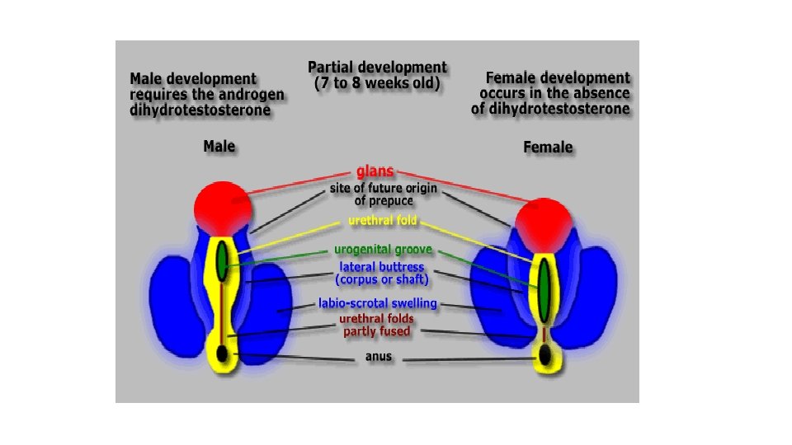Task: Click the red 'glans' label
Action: [x=375, y=172]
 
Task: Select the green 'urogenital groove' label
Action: [x=383, y=251]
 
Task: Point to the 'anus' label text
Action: [x=379, y=358]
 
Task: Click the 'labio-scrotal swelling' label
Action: [x=378, y=304]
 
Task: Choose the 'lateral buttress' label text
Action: [x=382, y=267]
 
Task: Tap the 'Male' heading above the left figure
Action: [x=219, y=148]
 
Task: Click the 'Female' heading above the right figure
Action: [x=548, y=148]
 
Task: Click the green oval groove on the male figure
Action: [x=221, y=263]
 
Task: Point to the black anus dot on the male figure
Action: [x=222, y=354]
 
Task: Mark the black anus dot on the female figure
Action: [x=544, y=356]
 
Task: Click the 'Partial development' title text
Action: [x=377, y=68]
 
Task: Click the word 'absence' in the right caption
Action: [x=598, y=93]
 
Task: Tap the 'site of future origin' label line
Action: [x=384, y=189]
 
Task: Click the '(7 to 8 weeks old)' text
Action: [x=377, y=83]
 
